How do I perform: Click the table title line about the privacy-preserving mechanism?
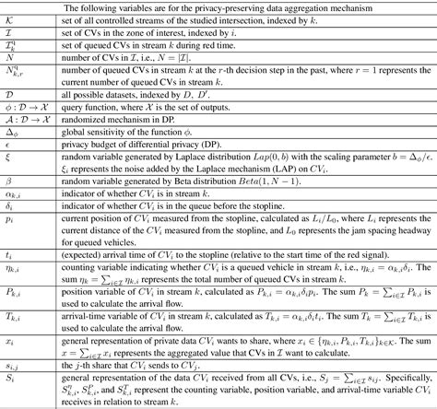click(218, 8)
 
